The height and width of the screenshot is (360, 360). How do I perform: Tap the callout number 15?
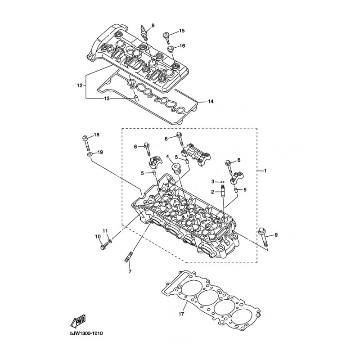pos(182,31)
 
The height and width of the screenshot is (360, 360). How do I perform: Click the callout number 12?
pos(80,85)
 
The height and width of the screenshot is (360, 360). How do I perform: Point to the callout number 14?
pos(211,101)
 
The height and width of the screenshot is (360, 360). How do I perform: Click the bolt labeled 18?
pos(86,143)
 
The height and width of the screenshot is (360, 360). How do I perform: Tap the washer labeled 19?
pos(90,154)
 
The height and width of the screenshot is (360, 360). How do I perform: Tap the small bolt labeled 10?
pos(104,246)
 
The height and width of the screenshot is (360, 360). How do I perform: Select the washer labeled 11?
pos(110,241)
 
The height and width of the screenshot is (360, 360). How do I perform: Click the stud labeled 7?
pos(129,257)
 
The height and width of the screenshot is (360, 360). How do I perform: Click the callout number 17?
pos(181,314)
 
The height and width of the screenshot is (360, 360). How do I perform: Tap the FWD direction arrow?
pos(77,320)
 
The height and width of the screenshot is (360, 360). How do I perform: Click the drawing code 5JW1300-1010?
pos(86,333)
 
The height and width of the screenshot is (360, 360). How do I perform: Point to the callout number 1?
pos(265,171)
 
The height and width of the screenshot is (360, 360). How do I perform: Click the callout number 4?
pos(168,156)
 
